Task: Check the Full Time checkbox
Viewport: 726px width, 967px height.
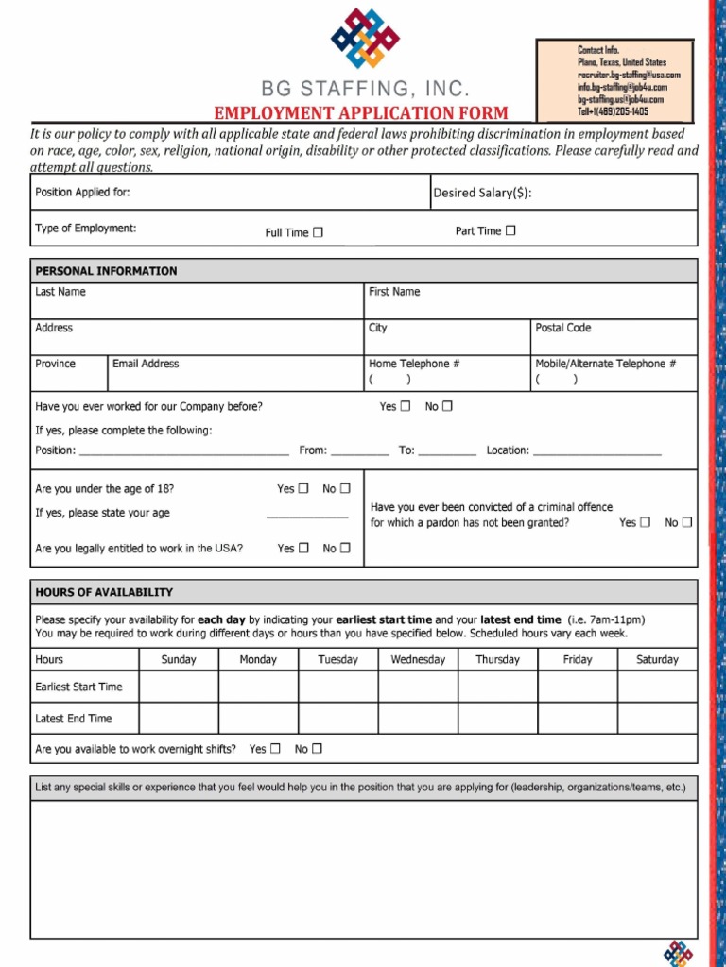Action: pyautogui.click(x=318, y=232)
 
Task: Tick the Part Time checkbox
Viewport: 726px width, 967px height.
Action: pyautogui.click(x=510, y=230)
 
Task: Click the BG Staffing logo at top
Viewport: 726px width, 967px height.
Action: pyautogui.click(x=364, y=38)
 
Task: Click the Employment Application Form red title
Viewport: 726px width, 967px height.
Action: pyautogui.click(x=360, y=113)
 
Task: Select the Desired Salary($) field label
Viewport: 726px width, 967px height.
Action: pyautogui.click(x=482, y=193)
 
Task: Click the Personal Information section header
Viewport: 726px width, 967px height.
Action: pyautogui.click(x=106, y=271)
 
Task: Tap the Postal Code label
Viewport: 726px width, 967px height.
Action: pyautogui.click(x=562, y=328)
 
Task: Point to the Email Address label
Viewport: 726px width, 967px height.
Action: pyautogui.click(x=146, y=364)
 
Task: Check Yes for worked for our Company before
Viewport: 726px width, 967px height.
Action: pyautogui.click(x=406, y=406)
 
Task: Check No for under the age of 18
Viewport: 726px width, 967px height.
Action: pyautogui.click(x=345, y=488)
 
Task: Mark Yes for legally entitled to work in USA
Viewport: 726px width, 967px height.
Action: pyautogui.click(x=303, y=548)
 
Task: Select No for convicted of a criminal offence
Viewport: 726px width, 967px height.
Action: pyautogui.click(x=687, y=522)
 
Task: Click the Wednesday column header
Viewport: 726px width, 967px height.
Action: pyautogui.click(x=418, y=659)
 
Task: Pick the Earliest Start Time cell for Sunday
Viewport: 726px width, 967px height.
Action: pyautogui.click(x=179, y=687)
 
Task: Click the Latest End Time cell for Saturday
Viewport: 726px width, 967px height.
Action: pyautogui.click(x=657, y=719)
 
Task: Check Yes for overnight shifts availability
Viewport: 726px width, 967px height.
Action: pyautogui.click(x=275, y=749)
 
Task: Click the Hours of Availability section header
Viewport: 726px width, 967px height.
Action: pyautogui.click(x=104, y=592)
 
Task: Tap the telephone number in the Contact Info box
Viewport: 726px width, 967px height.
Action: pyautogui.click(x=614, y=111)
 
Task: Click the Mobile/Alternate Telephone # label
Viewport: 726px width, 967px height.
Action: pyautogui.click(x=606, y=364)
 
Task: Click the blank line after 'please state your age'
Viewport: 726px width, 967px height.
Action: pyautogui.click(x=306, y=514)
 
